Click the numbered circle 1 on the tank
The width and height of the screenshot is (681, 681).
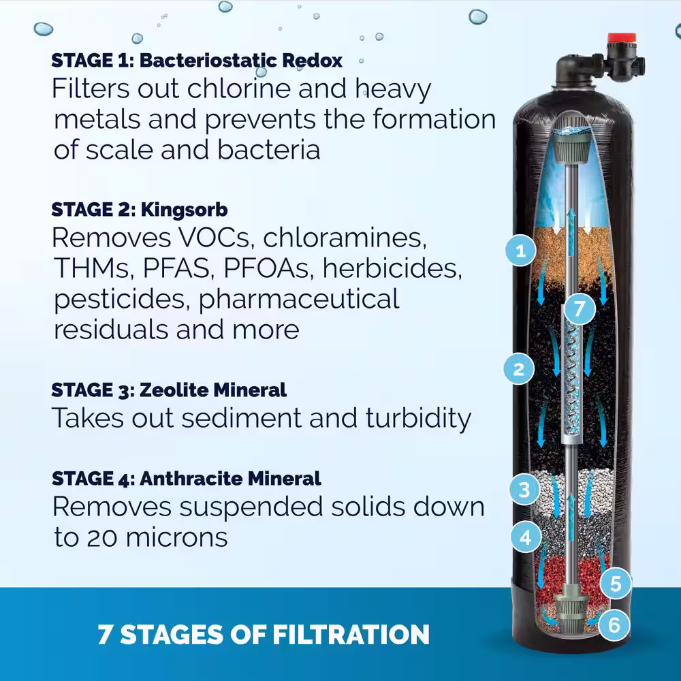520,251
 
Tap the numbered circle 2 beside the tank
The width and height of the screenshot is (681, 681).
519,369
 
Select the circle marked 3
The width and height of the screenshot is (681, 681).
524,490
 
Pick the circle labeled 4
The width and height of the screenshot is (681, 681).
526,537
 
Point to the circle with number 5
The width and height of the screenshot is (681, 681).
616,584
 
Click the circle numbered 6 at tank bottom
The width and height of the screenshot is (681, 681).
614,625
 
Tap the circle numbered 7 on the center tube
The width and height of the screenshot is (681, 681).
580,308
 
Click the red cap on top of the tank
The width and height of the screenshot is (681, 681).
622,38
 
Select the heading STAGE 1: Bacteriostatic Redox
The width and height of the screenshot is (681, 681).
197,61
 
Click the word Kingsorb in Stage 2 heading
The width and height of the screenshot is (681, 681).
184,210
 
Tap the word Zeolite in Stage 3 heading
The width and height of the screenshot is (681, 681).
173,390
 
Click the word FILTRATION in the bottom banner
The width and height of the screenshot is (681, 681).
351,634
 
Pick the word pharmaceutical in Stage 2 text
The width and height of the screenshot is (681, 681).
299,300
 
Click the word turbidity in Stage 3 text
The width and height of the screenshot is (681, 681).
418,418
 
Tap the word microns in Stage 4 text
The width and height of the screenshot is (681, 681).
177,538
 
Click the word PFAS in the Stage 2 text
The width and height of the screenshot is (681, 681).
176,268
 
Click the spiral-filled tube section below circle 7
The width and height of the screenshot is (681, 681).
571,382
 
